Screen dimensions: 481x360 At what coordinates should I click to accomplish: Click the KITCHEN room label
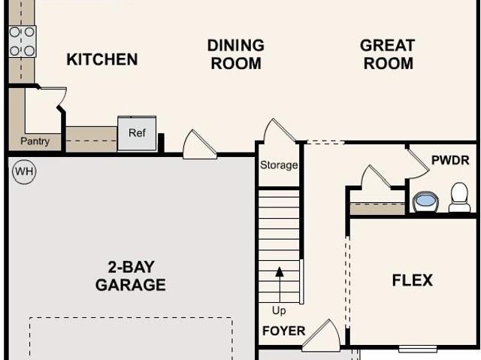pos(102,59)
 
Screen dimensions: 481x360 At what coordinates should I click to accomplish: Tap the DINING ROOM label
pos(236,54)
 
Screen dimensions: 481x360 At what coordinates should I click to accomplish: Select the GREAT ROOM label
pos(388,54)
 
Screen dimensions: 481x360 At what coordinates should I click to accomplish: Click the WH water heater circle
pos(24,171)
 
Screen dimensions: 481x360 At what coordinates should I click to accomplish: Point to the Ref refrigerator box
pos(137,133)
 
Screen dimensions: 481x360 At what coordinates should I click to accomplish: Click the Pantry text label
pos(35,141)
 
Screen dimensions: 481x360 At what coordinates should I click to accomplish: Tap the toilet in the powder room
pos(459,198)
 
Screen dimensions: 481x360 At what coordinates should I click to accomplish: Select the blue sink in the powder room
pos(426,201)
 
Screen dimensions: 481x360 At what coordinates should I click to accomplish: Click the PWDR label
pos(450,160)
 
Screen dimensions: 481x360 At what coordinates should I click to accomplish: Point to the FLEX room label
pos(413,280)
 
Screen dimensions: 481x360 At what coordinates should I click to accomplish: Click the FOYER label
pos(284,331)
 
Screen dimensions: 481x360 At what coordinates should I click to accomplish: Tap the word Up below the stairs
pos(279,310)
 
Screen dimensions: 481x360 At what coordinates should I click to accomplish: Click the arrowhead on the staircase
pos(280,272)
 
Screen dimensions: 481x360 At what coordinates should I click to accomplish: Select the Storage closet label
pos(279,165)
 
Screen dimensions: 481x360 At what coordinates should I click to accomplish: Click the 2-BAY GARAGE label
pos(131,276)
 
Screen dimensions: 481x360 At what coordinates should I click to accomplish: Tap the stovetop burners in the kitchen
pos(22,41)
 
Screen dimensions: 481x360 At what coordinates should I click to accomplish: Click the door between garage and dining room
pos(199,145)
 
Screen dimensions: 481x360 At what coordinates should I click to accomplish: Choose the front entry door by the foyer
pos(321,336)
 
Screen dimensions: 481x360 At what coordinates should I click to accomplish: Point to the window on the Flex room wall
pos(418,349)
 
